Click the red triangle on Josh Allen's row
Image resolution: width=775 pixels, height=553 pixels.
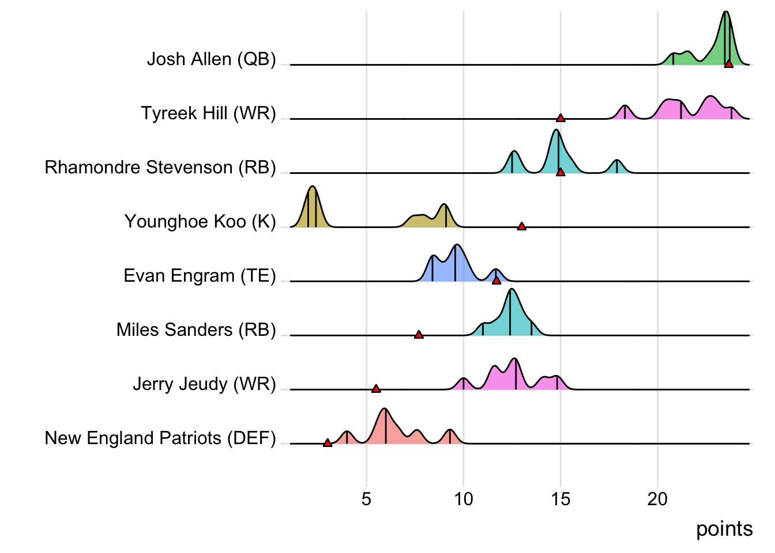[729, 64]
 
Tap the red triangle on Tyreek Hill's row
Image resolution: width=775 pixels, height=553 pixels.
[560, 118]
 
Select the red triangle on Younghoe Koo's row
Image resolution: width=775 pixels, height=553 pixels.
[522, 226]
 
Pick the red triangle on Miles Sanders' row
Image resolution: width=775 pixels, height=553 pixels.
[419, 335]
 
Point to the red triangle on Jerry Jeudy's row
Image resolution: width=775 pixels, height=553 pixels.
[376, 389]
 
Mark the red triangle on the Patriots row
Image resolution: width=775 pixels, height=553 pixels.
[328, 443]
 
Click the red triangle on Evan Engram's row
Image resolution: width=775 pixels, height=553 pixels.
[496, 281]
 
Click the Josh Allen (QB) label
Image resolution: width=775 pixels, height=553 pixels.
[211, 59]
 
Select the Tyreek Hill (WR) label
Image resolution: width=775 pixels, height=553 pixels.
[208, 113]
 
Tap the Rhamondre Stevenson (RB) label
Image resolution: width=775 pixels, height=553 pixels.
[160, 167]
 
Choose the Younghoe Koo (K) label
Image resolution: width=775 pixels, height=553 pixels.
[200, 221]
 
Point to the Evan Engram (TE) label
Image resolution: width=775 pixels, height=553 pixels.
[200, 275]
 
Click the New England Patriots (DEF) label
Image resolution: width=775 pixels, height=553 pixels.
[160, 438]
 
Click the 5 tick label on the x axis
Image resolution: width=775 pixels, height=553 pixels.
[366, 499]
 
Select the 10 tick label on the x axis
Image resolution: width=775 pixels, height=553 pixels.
[463, 499]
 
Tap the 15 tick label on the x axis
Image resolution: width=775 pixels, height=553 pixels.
[560, 499]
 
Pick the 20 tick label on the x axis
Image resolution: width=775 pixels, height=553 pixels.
[657, 499]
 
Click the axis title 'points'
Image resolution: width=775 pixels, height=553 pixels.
[724, 529]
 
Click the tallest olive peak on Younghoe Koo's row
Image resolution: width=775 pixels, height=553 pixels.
[313, 188]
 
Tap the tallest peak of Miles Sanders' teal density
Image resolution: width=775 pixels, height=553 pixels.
[511, 290]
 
